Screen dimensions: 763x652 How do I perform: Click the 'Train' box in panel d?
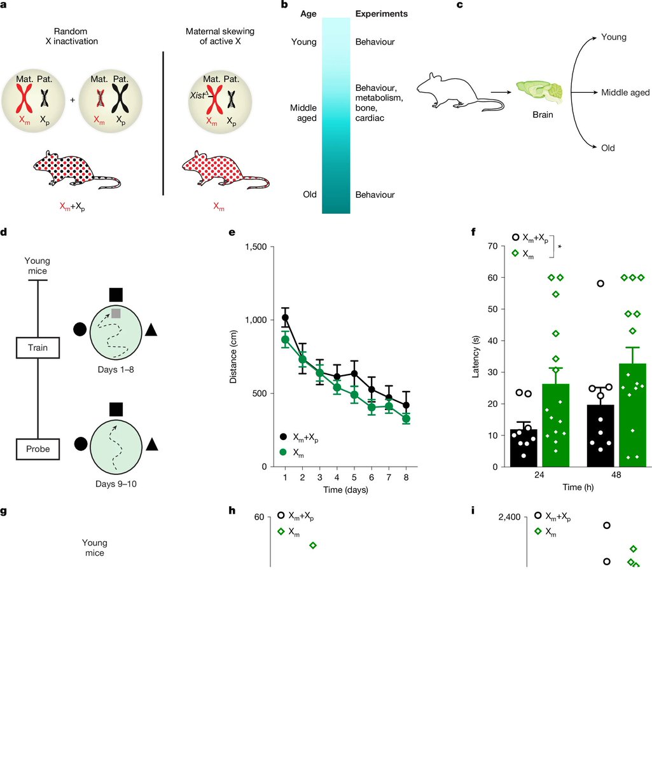[38, 348]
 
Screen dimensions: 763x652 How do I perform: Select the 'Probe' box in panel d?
[38, 449]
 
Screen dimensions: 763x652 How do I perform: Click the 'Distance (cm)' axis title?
[233, 357]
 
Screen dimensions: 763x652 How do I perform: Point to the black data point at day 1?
[285, 317]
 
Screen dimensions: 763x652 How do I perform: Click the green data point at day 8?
[406, 419]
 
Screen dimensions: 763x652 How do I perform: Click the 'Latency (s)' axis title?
[475, 357]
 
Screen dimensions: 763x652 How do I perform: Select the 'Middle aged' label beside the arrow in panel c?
[625, 93]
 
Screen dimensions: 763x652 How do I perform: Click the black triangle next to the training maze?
[151, 329]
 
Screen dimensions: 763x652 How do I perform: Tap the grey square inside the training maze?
[116, 312]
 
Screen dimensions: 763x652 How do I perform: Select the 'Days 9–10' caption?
[116, 484]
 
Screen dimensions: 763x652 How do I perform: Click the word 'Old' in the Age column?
[310, 195]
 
